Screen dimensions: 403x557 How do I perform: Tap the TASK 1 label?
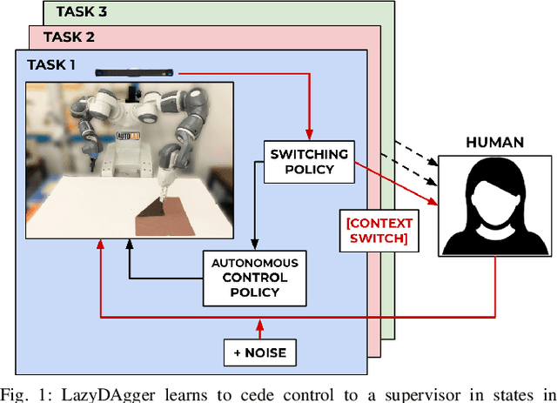[53, 64]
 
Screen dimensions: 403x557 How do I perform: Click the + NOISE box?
[260, 353]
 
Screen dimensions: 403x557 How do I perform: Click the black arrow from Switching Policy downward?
[254, 218]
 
